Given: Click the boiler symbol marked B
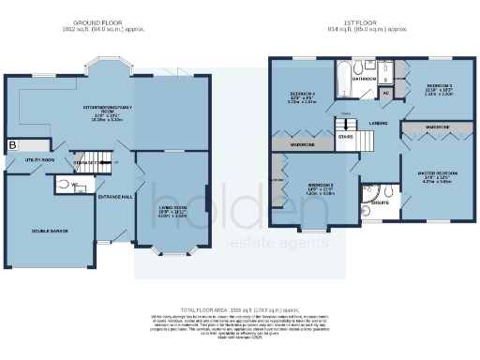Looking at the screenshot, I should pos(13,145).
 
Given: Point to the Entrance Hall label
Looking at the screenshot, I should pos(114,196).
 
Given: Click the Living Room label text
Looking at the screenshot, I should pos(171,209).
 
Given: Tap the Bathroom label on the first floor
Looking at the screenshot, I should pos(365,80).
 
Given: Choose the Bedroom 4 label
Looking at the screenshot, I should pos(299,96).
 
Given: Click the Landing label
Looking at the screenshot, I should pos(380,122).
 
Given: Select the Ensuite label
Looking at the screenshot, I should pos(381,201).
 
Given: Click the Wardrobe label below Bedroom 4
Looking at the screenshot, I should pos(301,145).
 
